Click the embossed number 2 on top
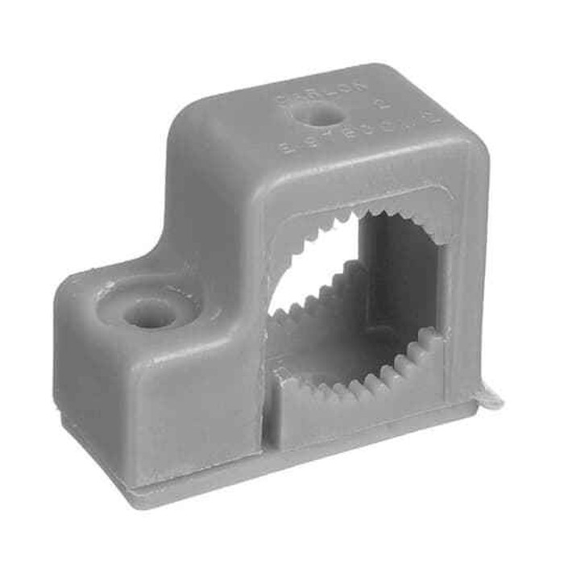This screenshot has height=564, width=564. click(385, 106)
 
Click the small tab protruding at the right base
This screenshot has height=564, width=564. click(487, 396)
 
